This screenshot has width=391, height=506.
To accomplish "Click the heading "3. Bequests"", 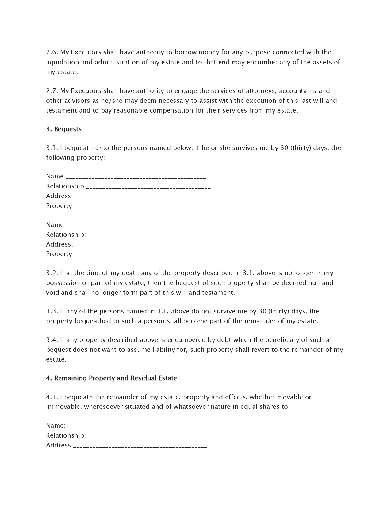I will (64, 129).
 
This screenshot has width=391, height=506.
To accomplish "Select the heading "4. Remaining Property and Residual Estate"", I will (111, 378).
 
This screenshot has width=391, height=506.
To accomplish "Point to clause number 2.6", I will (52, 52).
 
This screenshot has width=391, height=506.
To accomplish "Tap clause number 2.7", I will (52, 91).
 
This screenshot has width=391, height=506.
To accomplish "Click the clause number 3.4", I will (52, 340).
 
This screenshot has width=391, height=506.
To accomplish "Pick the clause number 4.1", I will (52, 397).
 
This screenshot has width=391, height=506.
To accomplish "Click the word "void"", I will (52, 293).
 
